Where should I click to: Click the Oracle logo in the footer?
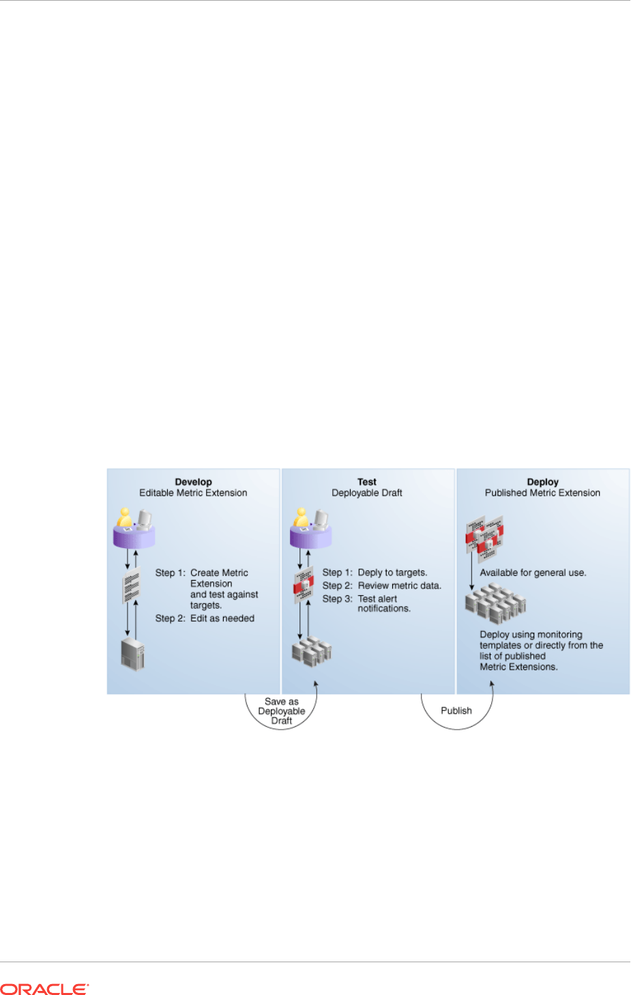pyautogui.click(x=44, y=989)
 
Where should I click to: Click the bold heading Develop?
pyautogui.click(x=193, y=482)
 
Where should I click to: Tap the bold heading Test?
pyautogui.click(x=367, y=482)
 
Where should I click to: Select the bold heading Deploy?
pyautogui.click(x=542, y=482)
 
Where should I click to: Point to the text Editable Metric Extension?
pyautogui.click(x=193, y=493)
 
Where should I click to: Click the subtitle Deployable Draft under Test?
pyautogui.click(x=367, y=493)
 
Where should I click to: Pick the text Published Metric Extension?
pyautogui.click(x=542, y=493)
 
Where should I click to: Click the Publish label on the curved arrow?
pyautogui.click(x=456, y=710)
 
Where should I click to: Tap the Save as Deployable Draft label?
pyautogui.click(x=282, y=711)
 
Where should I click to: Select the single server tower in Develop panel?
pyautogui.click(x=132, y=654)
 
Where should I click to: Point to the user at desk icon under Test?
pyautogui.click(x=311, y=529)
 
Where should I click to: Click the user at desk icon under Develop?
pyautogui.click(x=134, y=529)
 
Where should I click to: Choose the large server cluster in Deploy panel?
pyautogui.click(x=496, y=604)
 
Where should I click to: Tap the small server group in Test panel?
pyautogui.click(x=311, y=652)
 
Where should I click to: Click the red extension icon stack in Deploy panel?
pyautogui.click(x=484, y=536)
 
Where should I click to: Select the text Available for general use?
pyautogui.click(x=533, y=573)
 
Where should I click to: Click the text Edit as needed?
pyautogui.click(x=222, y=618)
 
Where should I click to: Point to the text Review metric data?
pyautogui.click(x=399, y=586)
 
